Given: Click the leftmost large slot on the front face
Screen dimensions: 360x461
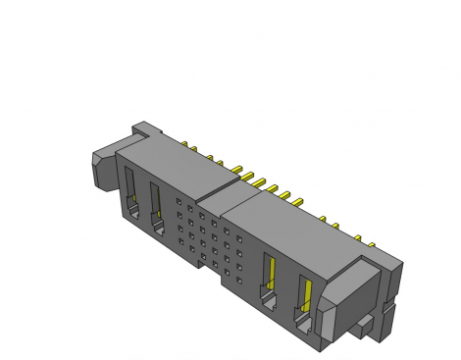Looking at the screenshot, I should pyautogui.click(x=129, y=192).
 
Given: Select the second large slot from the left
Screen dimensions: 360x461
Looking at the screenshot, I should pyautogui.click(x=156, y=207).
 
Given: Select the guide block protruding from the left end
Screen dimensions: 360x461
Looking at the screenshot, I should pyautogui.click(x=102, y=168).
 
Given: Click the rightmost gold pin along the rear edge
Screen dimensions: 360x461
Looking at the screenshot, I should pyautogui.click(x=372, y=242).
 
